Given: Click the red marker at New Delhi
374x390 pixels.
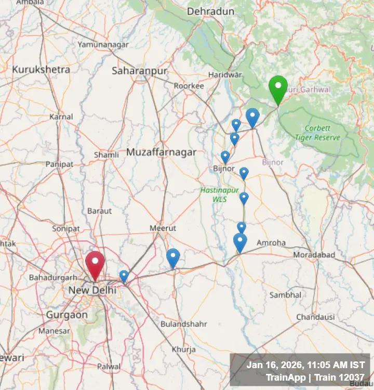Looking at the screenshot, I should [95, 264].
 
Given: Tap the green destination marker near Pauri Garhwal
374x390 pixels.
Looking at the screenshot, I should [278, 88].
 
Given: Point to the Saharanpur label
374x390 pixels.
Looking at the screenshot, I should [140, 71].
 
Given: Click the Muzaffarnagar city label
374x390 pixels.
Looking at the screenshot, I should [162, 152].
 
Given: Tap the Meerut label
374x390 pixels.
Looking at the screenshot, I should [163, 228].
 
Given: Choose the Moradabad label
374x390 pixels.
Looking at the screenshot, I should [314, 255].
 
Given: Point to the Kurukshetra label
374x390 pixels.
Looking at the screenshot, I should [41, 69].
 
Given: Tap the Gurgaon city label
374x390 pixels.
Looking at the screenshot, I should [67, 315].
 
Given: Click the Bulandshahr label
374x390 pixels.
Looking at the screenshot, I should [184, 324].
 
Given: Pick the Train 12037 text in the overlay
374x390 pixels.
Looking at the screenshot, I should [341, 378].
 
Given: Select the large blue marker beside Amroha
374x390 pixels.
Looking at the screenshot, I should [240, 242].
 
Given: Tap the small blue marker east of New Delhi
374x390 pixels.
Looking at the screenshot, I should [124, 276].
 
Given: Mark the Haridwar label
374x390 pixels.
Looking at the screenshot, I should [225, 75].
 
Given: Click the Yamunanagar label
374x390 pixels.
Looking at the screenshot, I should [103, 45].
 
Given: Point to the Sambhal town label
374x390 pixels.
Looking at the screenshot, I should [285, 295].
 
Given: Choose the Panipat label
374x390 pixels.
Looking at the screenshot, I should [59, 164].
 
